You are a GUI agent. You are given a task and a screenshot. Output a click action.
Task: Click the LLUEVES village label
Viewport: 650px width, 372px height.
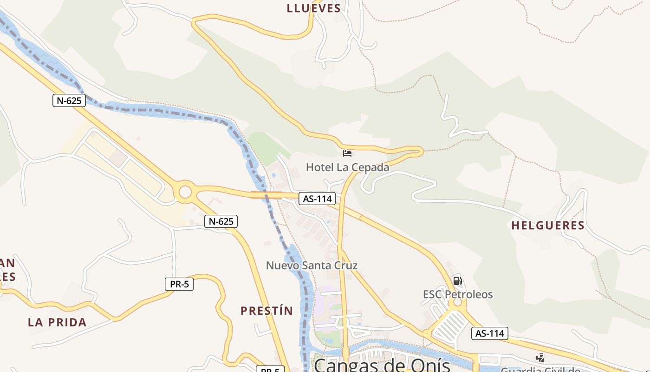click(x=314, y=8)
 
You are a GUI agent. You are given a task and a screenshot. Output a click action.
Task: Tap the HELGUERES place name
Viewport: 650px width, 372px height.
click(x=548, y=226)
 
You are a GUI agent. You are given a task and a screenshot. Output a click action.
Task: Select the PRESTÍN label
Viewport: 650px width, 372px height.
click(x=266, y=311)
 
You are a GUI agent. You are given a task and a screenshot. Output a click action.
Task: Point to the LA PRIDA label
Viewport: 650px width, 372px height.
click(x=57, y=322)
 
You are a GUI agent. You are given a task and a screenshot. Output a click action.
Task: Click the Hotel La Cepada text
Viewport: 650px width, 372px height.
click(x=347, y=167)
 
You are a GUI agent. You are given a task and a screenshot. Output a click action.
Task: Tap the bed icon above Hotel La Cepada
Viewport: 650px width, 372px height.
click(x=347, y=153)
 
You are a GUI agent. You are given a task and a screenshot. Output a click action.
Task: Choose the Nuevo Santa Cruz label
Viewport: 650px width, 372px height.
click(x=312, y=266)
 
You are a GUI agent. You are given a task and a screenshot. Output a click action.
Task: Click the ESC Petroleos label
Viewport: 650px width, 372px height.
click(x=458, y=294)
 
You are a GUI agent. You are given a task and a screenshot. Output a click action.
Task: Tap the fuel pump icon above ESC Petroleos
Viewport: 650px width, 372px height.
click(x=457, y=280)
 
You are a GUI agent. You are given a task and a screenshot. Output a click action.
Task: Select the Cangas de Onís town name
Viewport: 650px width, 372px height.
click(x=382, y=365)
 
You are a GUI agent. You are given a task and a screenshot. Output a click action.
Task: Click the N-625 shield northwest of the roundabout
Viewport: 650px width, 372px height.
click(x=69, y=100)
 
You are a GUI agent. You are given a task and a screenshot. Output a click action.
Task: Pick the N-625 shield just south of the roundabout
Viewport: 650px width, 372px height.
click(x=221, y=221)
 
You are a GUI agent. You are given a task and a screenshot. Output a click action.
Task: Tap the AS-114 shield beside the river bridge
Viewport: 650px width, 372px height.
click(x=317, y=199)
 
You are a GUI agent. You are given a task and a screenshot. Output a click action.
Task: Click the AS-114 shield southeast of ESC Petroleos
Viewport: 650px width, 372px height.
click(x=490, y=333)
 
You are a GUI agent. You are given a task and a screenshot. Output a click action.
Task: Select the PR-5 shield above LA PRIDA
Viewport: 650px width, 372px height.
click(x=179, y=284)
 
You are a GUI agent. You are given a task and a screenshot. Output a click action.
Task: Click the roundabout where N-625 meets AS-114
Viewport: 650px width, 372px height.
click(x=185, y=192)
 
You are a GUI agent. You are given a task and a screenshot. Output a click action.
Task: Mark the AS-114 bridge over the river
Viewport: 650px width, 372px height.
click(x=266, y=195)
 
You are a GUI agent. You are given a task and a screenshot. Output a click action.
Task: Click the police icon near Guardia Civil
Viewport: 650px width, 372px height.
click(x=540, y=358)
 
